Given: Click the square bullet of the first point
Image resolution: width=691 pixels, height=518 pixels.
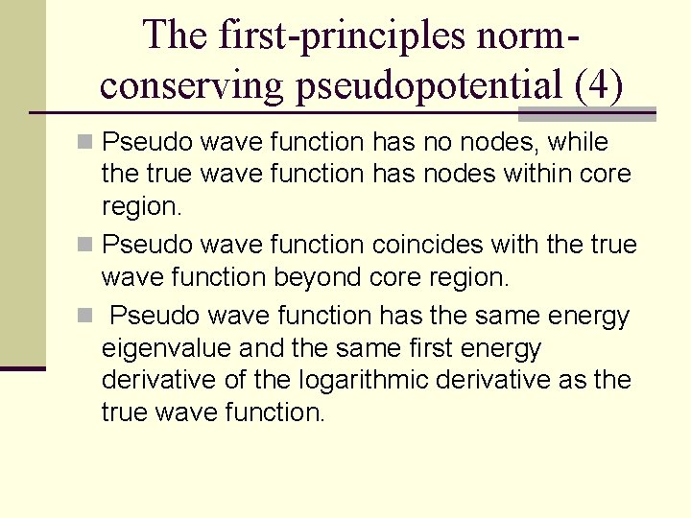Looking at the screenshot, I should click(85, 143).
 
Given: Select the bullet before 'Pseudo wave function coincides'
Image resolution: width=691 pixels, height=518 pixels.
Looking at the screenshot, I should click(85, 245).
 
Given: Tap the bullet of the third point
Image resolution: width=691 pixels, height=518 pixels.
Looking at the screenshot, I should click(85, 316).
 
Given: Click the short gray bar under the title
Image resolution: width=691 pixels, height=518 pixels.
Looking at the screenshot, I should click(586, 114).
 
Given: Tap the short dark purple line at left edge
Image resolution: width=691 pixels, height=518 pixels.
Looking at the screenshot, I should click(22, 367).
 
